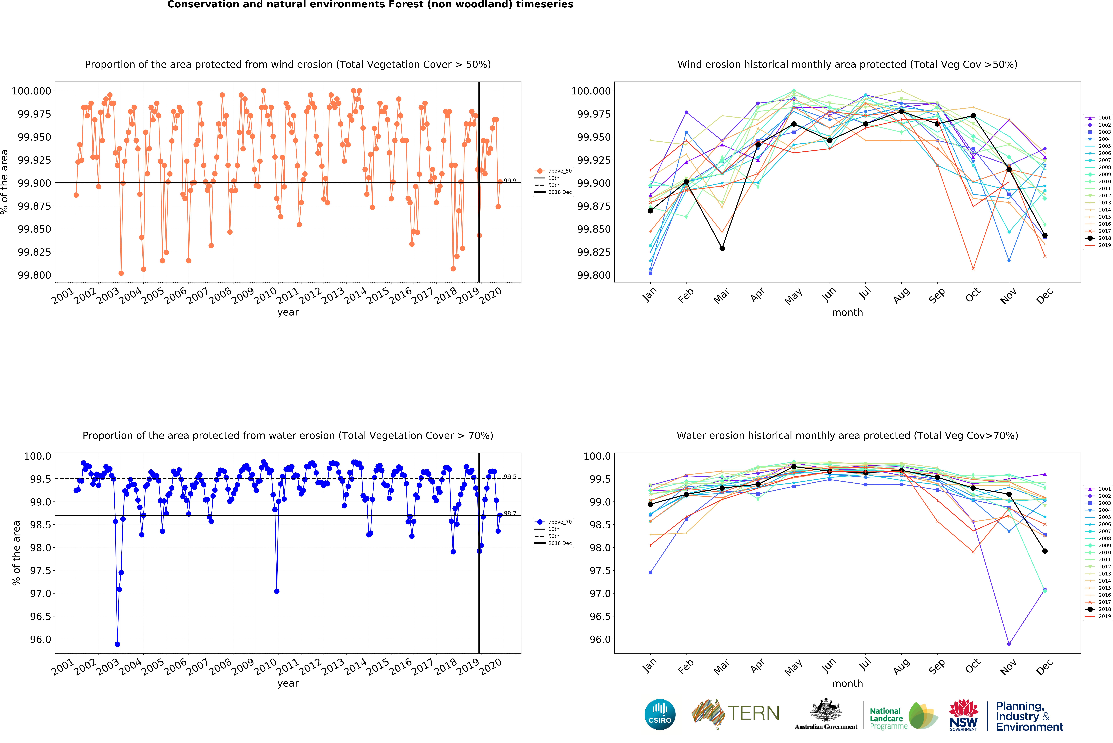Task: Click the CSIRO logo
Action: [x=660, y=714]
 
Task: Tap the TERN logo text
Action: [x=753, y=713]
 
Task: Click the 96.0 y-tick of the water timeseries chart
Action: [x=40, y=639]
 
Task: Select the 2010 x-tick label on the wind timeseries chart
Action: [x=266, y=296]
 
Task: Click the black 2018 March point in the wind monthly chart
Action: [x=722, y=248]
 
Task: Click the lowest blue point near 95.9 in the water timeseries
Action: [x=117, y=644]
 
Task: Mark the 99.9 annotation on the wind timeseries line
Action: [x=510, y=181]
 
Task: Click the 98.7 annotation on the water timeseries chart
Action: [x=510, y=513]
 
